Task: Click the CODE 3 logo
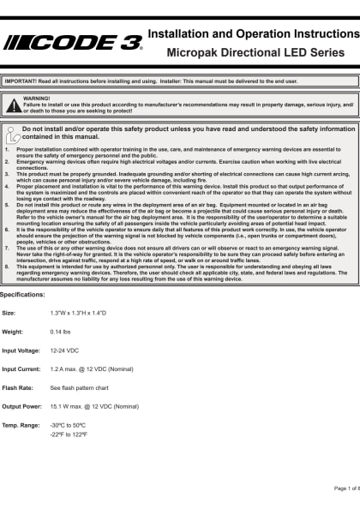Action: click(74, 43)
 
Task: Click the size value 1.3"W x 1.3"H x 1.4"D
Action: click(78, 312)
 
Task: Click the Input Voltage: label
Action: click(21, 350)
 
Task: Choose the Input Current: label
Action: click(21, 368)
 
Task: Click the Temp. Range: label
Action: click(21, 425)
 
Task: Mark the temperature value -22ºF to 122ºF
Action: click(69, 434)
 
